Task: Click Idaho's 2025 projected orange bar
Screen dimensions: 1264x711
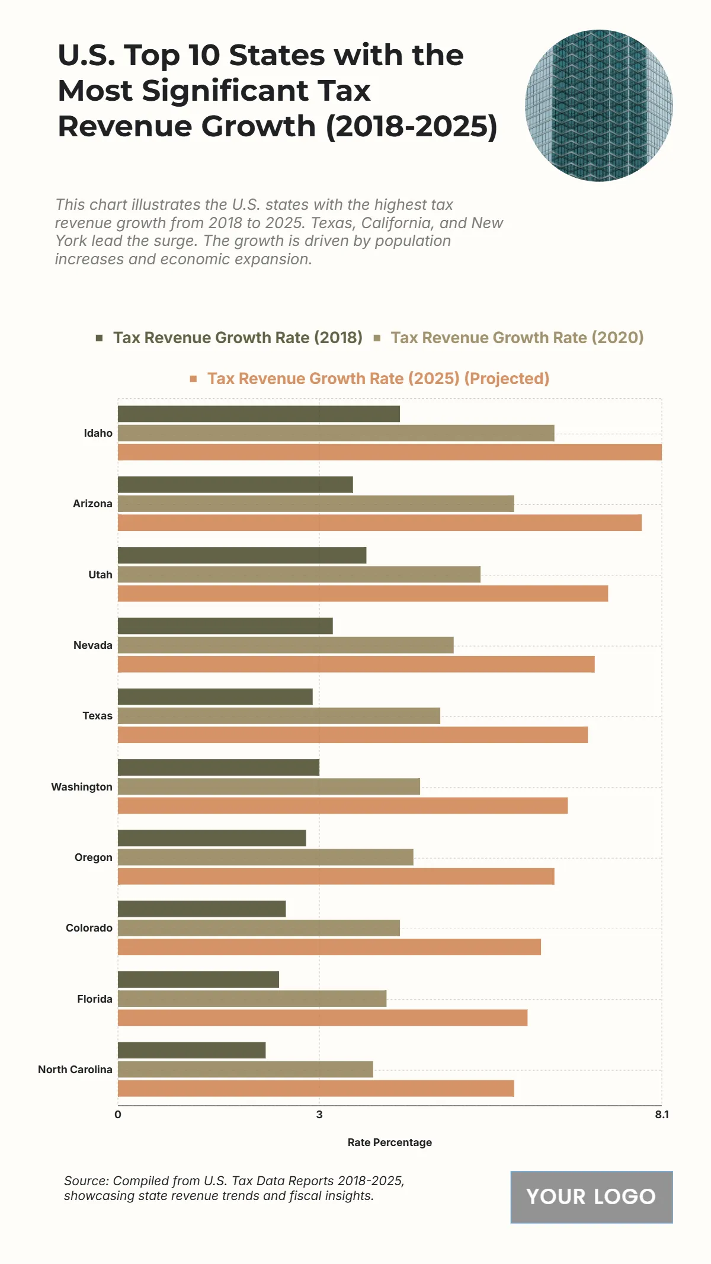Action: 389,452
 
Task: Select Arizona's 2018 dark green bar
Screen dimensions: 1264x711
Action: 235,485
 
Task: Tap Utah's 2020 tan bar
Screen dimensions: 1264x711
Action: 299,574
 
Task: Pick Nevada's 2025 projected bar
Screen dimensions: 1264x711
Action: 355,664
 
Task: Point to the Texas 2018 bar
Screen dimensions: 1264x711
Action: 215,697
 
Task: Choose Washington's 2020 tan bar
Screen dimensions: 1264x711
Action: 268,786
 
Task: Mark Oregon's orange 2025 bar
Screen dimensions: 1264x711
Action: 336,876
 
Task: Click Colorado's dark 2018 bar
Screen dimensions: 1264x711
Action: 201,909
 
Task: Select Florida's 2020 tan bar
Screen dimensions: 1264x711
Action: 252,999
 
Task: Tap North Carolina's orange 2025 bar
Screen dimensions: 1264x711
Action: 316,1089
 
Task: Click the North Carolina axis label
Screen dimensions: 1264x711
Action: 75,1070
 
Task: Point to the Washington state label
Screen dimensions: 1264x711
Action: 82,787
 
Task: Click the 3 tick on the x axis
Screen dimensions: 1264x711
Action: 319,1115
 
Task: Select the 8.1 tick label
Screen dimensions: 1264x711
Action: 661,1115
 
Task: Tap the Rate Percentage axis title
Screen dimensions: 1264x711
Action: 389,1143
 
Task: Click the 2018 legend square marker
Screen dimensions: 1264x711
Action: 100,338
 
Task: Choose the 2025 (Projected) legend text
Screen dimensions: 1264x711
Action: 378,379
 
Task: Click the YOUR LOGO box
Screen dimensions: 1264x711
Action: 591,1197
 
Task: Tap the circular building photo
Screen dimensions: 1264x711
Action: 599,105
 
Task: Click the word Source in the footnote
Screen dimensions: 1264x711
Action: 86,1181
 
